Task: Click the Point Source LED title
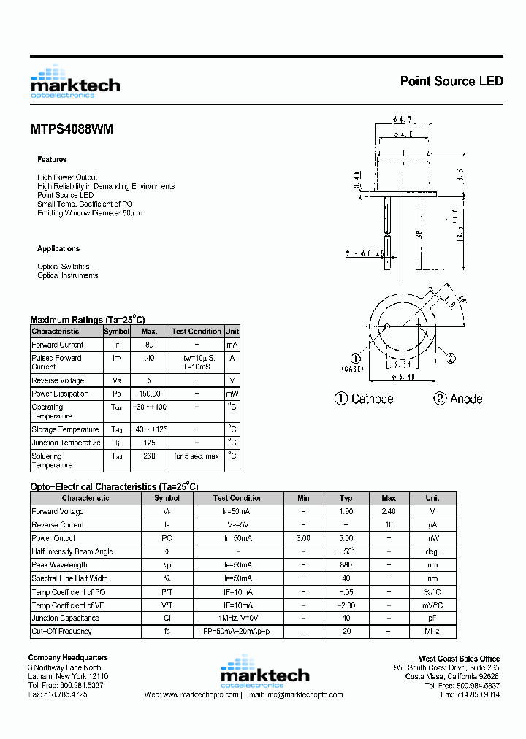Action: [x=451, y=81]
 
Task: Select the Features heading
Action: [x=52, y=159]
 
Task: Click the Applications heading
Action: [x=58, y=249]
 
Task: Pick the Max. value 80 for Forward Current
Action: [x=149, y=345]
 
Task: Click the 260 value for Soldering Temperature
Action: [x=149, y=456]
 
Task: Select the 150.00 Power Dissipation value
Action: [x=149, y=394]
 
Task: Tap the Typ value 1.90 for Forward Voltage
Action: [x=346, y=512]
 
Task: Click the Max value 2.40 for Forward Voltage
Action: [x=389, y=512]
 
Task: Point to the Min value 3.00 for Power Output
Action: [x=303, y=538]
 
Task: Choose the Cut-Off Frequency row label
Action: [x=61, y=631]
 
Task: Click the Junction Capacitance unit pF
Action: [x=433, y=618]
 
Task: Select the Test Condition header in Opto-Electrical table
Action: [x=237, y=498]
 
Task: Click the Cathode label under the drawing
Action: [x=372, y=399]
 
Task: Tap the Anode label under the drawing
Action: [x=465, y=399]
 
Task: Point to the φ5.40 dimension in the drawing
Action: [x=404, y=377]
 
